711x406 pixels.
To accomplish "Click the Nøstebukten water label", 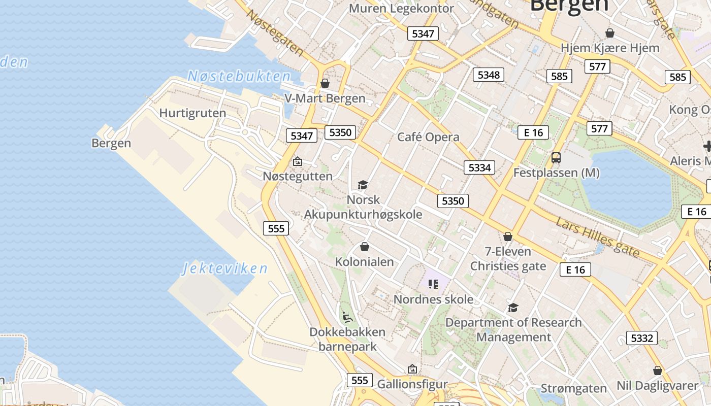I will (x=239, y=77).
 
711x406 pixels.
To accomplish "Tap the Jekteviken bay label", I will (x=225, y=268).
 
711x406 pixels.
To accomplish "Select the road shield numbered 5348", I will (x=489, y=75).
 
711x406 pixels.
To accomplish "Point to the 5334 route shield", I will (x=479, y=167).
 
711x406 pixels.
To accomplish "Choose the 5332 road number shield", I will (x=641, y=338).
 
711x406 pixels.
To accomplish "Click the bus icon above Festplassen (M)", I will (x=556, y=158).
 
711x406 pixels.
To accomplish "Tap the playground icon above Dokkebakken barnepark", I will (x=347, y=318).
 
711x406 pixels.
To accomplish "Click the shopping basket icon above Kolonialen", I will (x=364, y=247).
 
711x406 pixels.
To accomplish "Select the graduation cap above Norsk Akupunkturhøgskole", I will (x=363, y=185).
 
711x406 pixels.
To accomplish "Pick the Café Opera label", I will (x=428, y=137).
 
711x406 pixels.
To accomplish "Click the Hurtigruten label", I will (x=192, y=113).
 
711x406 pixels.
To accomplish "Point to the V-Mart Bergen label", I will (x=325, y=98).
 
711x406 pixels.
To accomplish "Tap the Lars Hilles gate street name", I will (x=597, y=236).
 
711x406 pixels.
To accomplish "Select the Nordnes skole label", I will (x=433, y=299).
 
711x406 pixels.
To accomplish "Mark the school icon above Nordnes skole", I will (x=433, y=284).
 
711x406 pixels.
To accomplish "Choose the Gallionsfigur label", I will (x=412, y=384).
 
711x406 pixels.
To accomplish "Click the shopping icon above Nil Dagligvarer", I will (x=658, y=371).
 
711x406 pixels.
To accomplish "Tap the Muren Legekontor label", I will (x=401, y=8).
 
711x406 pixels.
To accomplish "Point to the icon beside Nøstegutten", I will (x=298, y=162).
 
